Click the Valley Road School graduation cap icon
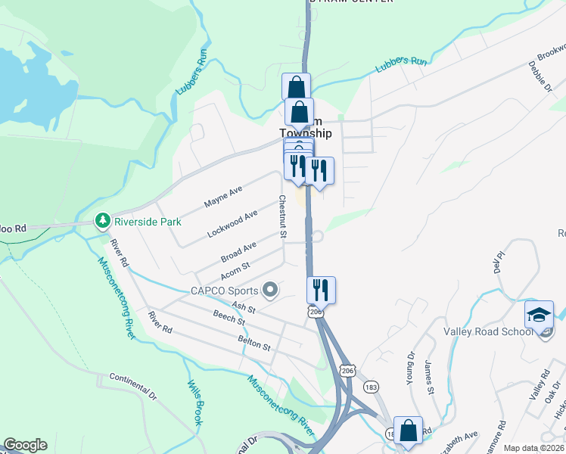(x=540, y=315)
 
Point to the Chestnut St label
(x=281, y=217)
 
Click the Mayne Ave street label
(x=222, y=198)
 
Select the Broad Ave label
(x=238, y=250)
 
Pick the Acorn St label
(x=235, y=270)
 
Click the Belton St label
(x=254, y=344)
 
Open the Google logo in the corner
(x=25, y=445)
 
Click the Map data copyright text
(x=533, y=448)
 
